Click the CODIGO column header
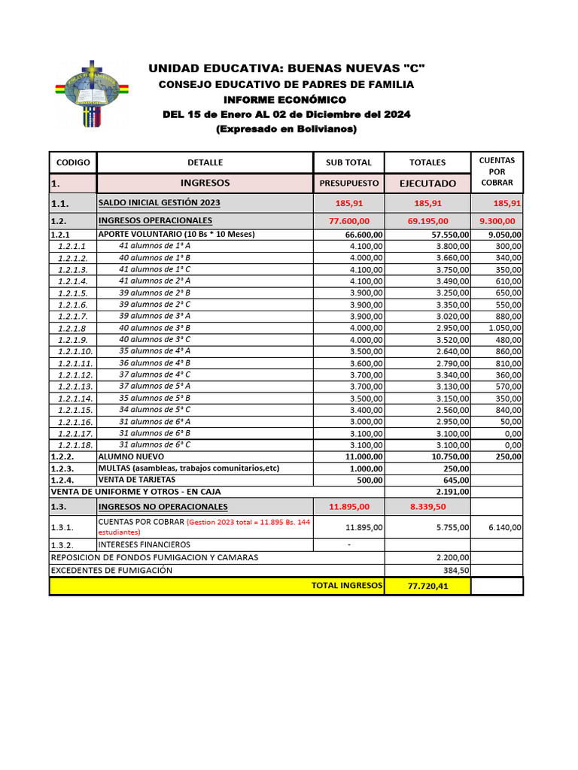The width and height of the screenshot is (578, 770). pos(72,162)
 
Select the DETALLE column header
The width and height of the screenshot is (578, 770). pos(205,162)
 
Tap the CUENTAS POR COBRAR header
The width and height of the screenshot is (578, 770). pos(497,171)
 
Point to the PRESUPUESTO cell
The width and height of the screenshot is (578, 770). pos(349,183)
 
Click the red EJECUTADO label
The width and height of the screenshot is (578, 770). pos(427,183)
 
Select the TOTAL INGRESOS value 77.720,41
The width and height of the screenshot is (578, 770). pos(427,586)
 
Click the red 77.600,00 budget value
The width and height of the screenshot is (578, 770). pos(349,221)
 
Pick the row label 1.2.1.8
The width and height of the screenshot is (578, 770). pos(72,328)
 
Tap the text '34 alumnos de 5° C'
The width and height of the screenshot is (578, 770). pos(154,410)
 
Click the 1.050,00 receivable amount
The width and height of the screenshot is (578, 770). pos(504,328)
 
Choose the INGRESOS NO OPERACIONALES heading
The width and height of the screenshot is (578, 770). pos(163,507)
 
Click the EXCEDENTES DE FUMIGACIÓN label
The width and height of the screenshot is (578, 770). pos(111,570)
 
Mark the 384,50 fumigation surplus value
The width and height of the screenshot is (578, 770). pos(456,570)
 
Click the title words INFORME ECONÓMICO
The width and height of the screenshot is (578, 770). pos(285,99)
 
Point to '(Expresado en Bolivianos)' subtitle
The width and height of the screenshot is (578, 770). pos(286,129)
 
